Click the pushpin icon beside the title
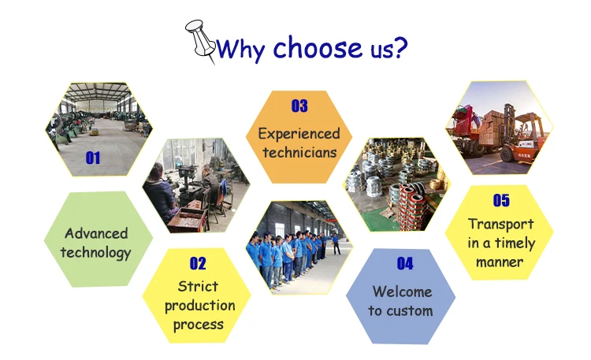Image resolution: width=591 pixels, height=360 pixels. (200, 41)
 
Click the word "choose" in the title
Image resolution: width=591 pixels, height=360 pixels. (318, 47)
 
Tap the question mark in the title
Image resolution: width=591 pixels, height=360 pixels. (400, 47)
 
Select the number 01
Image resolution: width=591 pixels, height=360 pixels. (93, 158)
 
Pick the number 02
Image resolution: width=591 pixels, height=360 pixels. (198, 263)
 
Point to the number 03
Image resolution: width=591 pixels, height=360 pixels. (299, 106)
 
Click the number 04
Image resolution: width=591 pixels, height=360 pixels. (405, 263)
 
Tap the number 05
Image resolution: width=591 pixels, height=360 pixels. (501, 200)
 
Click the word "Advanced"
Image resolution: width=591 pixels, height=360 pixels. (96, 233)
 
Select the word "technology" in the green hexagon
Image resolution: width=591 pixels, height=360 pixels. (95, 253)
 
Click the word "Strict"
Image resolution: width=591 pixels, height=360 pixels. (198, 287)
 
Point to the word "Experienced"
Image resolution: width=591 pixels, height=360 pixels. (299, 134)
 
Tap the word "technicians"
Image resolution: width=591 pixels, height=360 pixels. (299, 153)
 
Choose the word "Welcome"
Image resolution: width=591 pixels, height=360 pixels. (402, 291)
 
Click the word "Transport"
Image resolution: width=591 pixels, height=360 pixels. (501, 225)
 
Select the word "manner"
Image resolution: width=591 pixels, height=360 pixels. (500, 262)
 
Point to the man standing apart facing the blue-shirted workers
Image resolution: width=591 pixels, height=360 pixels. (336, 244)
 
